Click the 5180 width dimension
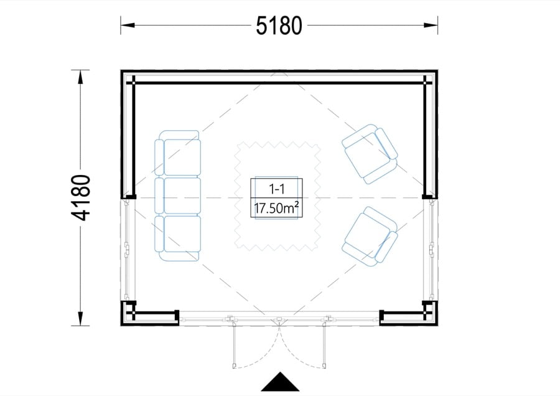[279, 26]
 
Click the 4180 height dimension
[81, 197]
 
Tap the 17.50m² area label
[276, 207]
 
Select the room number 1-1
[276, 189]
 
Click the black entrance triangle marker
[280, 382]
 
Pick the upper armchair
[370, 154]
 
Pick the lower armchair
[370, 237]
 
